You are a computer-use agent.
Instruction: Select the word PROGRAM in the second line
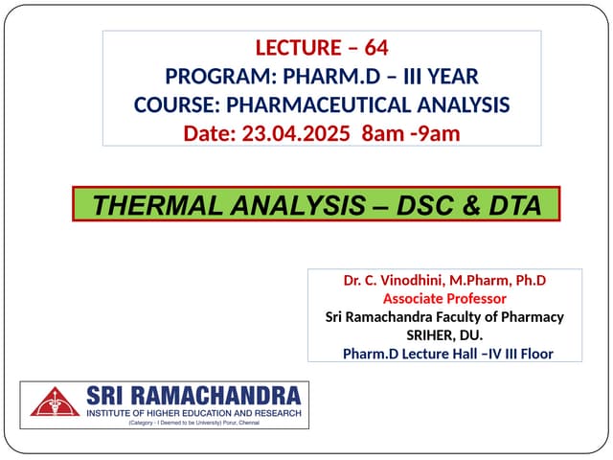coord(210,75)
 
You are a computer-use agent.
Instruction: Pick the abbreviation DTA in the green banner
coord(507,204)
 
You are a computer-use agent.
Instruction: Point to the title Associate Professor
coord(444,298)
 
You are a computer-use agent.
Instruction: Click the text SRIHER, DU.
coord(444,334)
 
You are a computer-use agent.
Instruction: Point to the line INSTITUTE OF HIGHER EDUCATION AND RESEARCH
coord(193,412)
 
